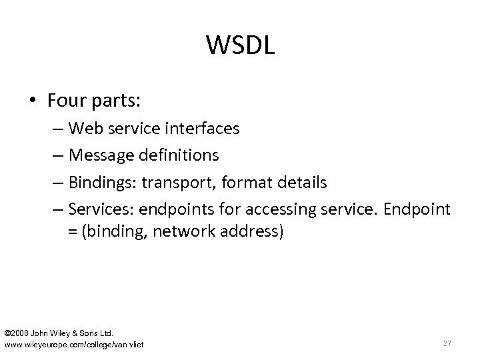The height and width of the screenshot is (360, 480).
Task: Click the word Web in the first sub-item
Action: coord(83,128)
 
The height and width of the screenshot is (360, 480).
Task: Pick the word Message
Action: coord(99,155)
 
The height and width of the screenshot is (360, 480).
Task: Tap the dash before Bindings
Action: coord(58,183)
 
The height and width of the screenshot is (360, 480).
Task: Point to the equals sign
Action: coord(71,231)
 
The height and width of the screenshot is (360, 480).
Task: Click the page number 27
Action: coord(448,343)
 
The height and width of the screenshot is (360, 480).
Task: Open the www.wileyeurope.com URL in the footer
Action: coord(73,344)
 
